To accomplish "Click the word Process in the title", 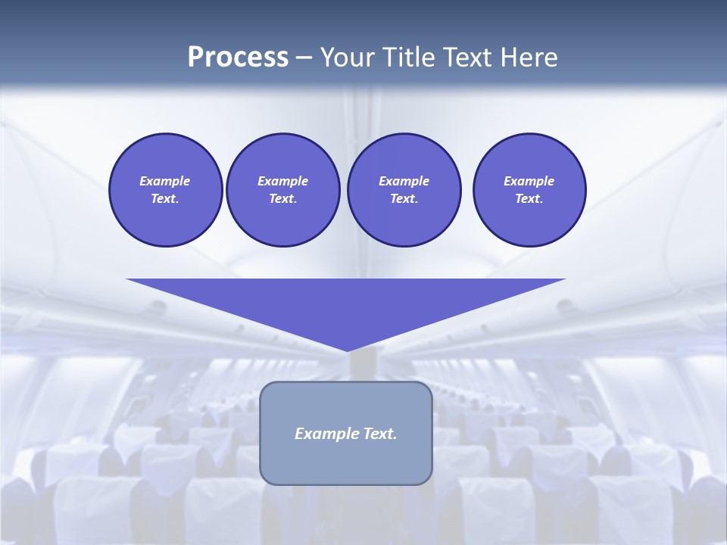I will coord(238,58).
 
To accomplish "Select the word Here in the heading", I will coord(528,58).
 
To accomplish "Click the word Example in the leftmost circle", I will coord(165,181).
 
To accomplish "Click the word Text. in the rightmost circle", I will coord(529,198).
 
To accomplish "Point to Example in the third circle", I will coord(404,181).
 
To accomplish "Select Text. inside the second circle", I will coord(283,198).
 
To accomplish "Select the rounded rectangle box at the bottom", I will coord(346,462).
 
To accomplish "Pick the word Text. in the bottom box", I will coord(381,434).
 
